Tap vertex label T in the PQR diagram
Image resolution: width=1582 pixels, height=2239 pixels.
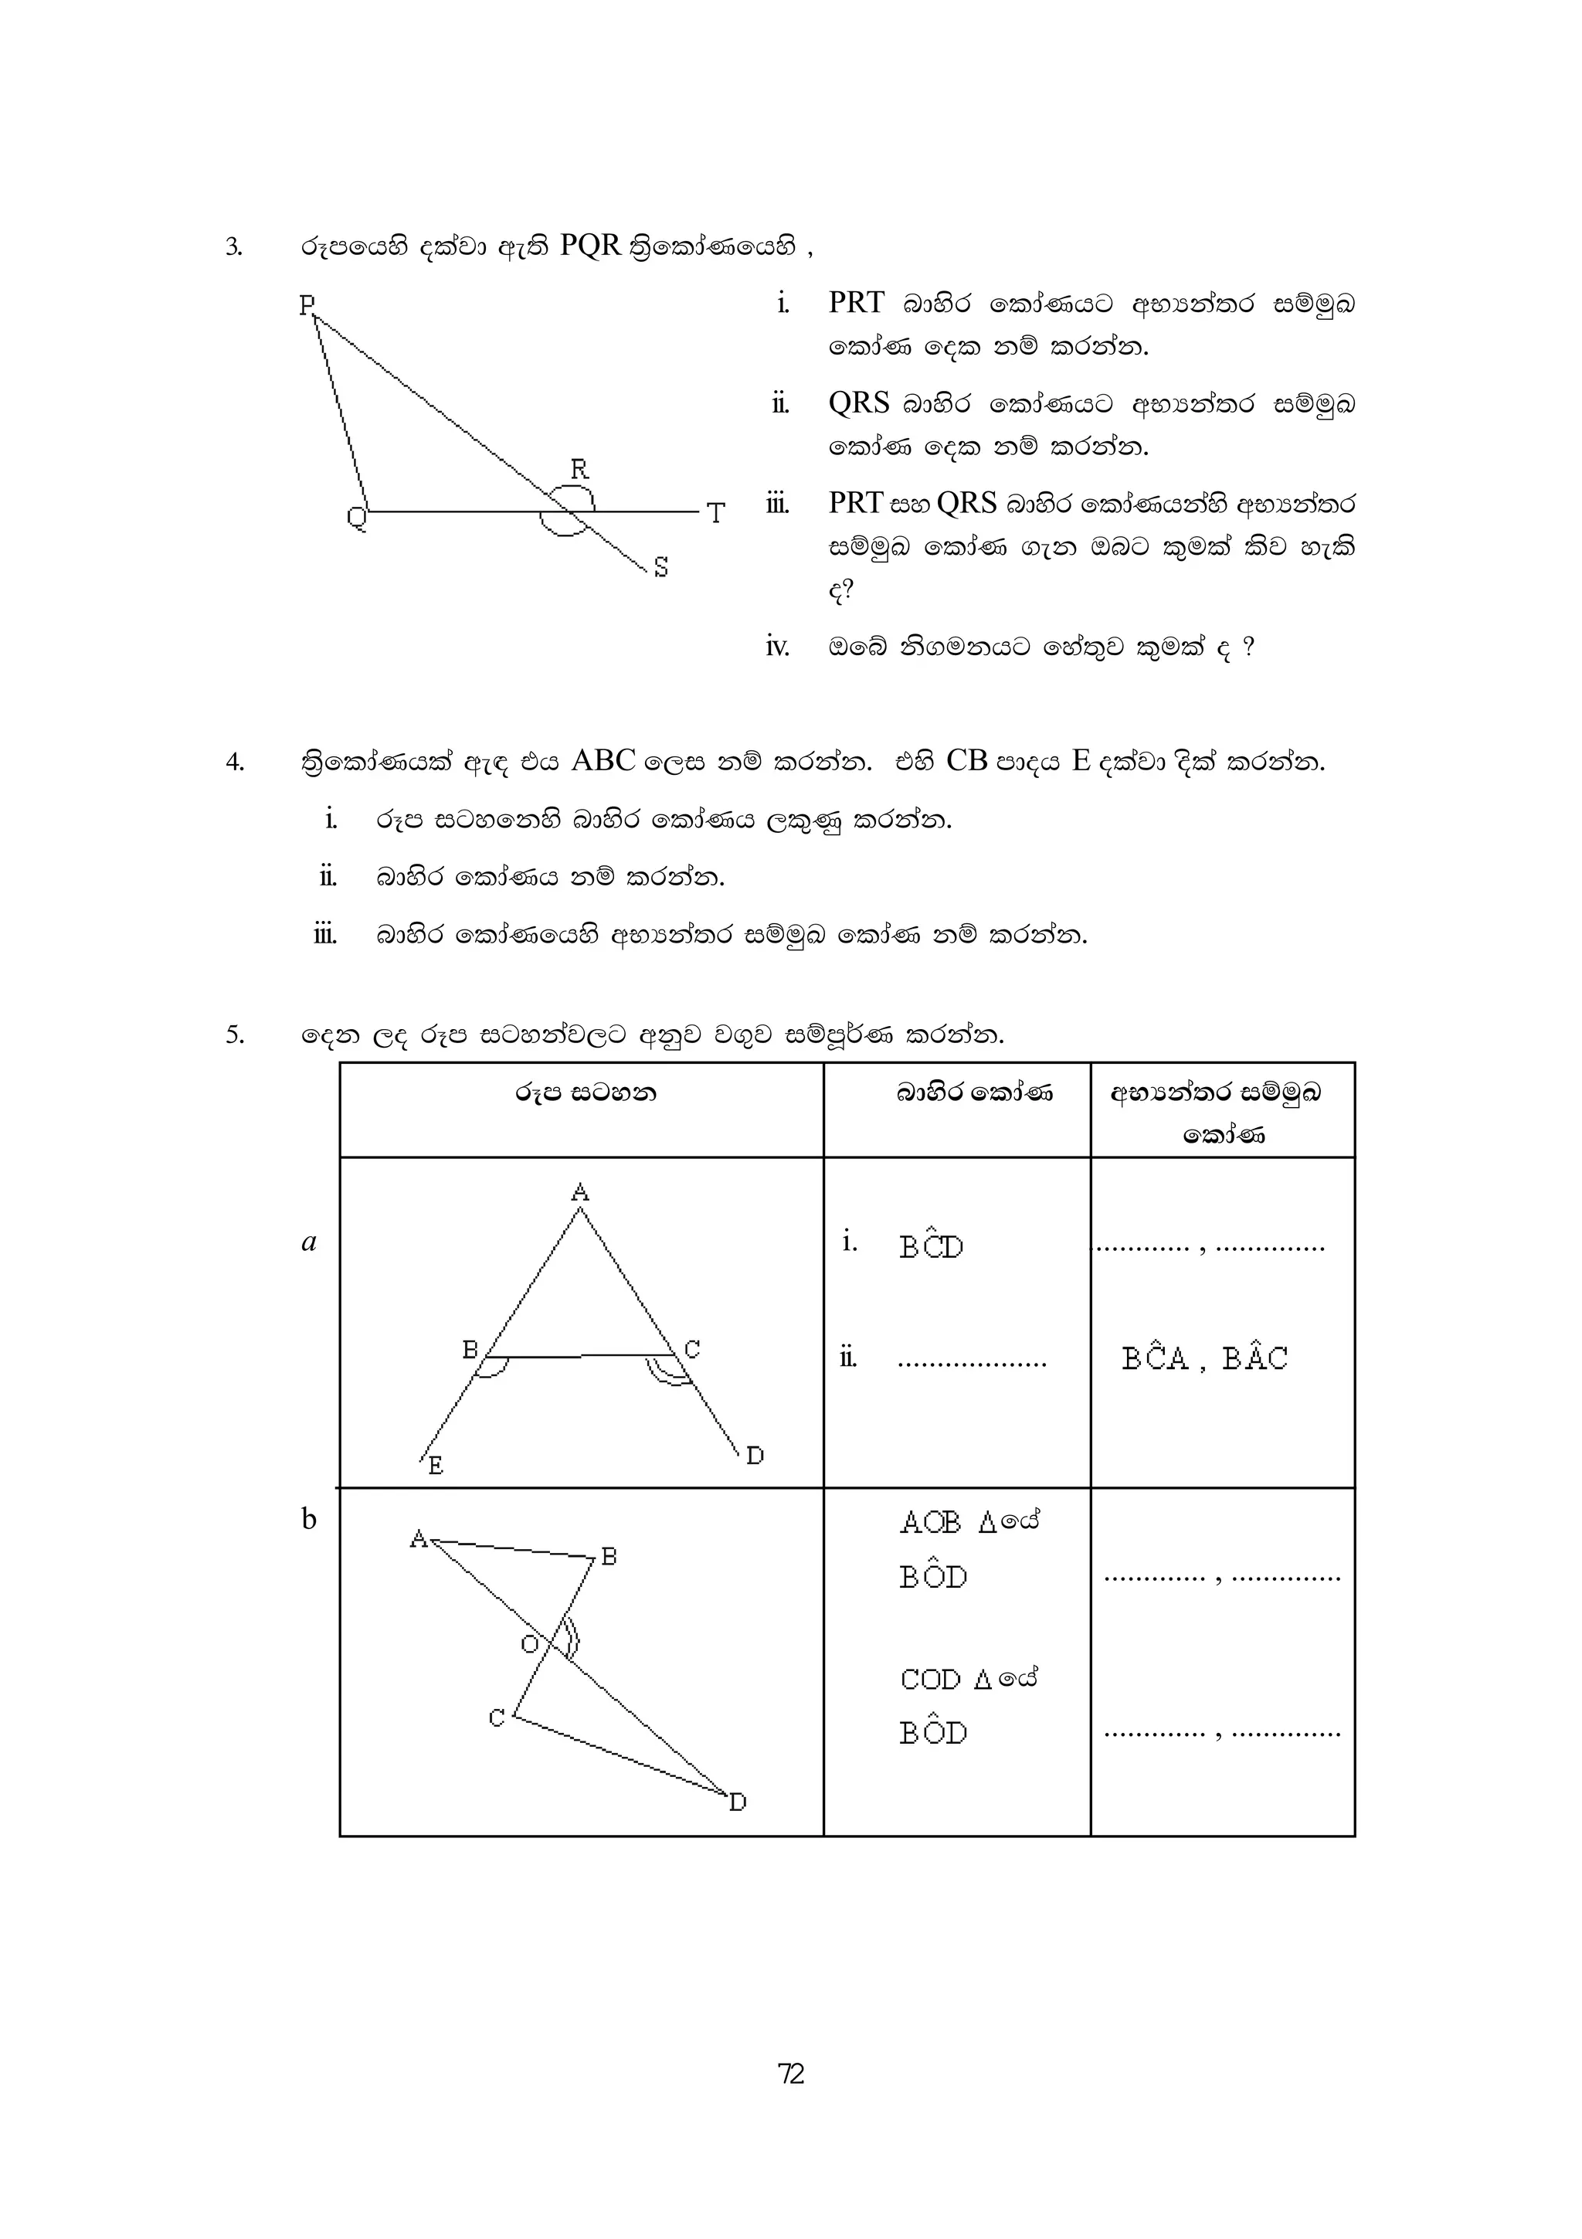click(x=716, y=514)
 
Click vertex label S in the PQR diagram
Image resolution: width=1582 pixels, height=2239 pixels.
click(x=661, y=568)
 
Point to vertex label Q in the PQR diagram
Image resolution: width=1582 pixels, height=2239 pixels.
click(x=357, y=516)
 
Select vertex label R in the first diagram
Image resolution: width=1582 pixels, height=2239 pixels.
click(x=579, y=470)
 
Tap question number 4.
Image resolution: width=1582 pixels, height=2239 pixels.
click(x=234, y=763)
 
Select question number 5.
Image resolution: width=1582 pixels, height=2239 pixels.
click(x=234, y=1035)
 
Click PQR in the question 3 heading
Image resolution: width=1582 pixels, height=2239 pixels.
click(x=591, y=246)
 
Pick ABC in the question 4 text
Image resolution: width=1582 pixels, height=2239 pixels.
click(x=603, y=761)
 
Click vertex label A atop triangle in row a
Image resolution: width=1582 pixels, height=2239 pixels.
click(x=580, y=1191)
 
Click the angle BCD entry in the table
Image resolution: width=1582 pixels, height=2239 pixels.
click(x=931, y=1245)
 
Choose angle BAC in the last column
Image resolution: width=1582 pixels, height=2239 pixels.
click(x=1255, y=1357)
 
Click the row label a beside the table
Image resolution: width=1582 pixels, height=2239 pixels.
click(x=309, y=1243)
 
